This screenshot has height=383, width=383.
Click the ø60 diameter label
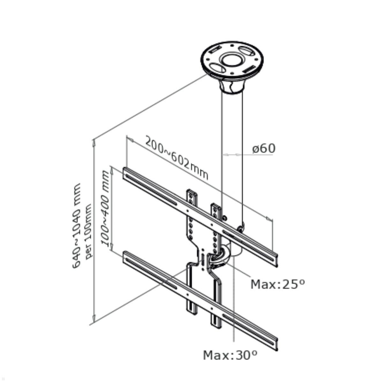[x=264, y=148]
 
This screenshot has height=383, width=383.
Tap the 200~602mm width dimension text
[x=177, y=158]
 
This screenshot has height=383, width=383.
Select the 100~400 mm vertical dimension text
[x=105, y=208]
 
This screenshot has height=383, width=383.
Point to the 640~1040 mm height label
[x=77, y=226]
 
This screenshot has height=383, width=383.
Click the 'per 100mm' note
[x=88, y=231]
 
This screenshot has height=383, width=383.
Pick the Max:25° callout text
[x=277, y=284]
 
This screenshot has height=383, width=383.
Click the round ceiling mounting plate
[x=232, y=61]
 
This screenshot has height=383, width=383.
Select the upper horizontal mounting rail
[x=199, y=217]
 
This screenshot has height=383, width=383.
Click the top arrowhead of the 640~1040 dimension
[x=94, y=143]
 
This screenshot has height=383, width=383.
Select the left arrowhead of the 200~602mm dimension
[x=130, y=139]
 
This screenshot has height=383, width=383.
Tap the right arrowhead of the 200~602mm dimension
[x=269, y=219]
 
